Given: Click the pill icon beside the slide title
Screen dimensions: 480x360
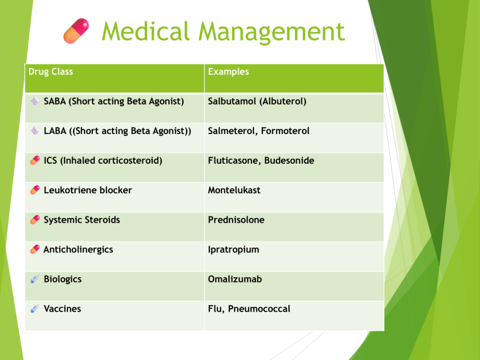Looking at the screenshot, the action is pyautogui.click(x=76, y=31).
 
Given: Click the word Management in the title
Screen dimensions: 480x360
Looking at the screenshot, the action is pyautogui.click(x=272, y=32).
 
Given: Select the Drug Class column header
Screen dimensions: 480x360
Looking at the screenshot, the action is pyautogui.click(x=51, y=72).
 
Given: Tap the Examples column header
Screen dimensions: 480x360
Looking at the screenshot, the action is pyautogui.click(x=228, y=72).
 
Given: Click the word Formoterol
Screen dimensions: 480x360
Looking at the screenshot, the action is pyautogui.click(x=285, y=131).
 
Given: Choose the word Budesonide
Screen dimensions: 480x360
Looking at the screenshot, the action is pyautogui.click(x=289, y=161).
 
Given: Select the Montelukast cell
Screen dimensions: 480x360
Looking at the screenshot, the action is pyautogui.click(x=234, y=190).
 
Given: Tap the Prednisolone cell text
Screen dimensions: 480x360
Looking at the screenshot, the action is pyautogui.click(x=236, y=220).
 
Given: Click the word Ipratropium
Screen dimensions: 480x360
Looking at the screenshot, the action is pyautogui.click(x=233, y=250).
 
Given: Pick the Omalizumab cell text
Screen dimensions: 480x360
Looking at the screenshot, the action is pyautogui.click(x=235, y=279).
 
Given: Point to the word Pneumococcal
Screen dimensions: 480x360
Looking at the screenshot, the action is pyautogui.click(x=259, y=309).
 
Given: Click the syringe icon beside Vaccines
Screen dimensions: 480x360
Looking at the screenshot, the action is pyautogui.click(x=35, y=308).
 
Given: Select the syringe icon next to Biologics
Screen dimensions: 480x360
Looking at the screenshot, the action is pyautogui.click(x=35, y=279).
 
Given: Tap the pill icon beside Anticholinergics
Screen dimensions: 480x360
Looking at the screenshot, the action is pyautogui.click(x=35, y=249).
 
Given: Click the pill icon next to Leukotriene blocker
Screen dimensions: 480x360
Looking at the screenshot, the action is pyautogui.click(x=35, y=190).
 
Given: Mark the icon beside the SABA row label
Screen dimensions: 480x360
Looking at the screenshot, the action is pyautogui.click(x=35, y=101).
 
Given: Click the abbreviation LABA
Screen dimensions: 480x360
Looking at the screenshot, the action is pyautogui.click(x=55, y=131).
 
